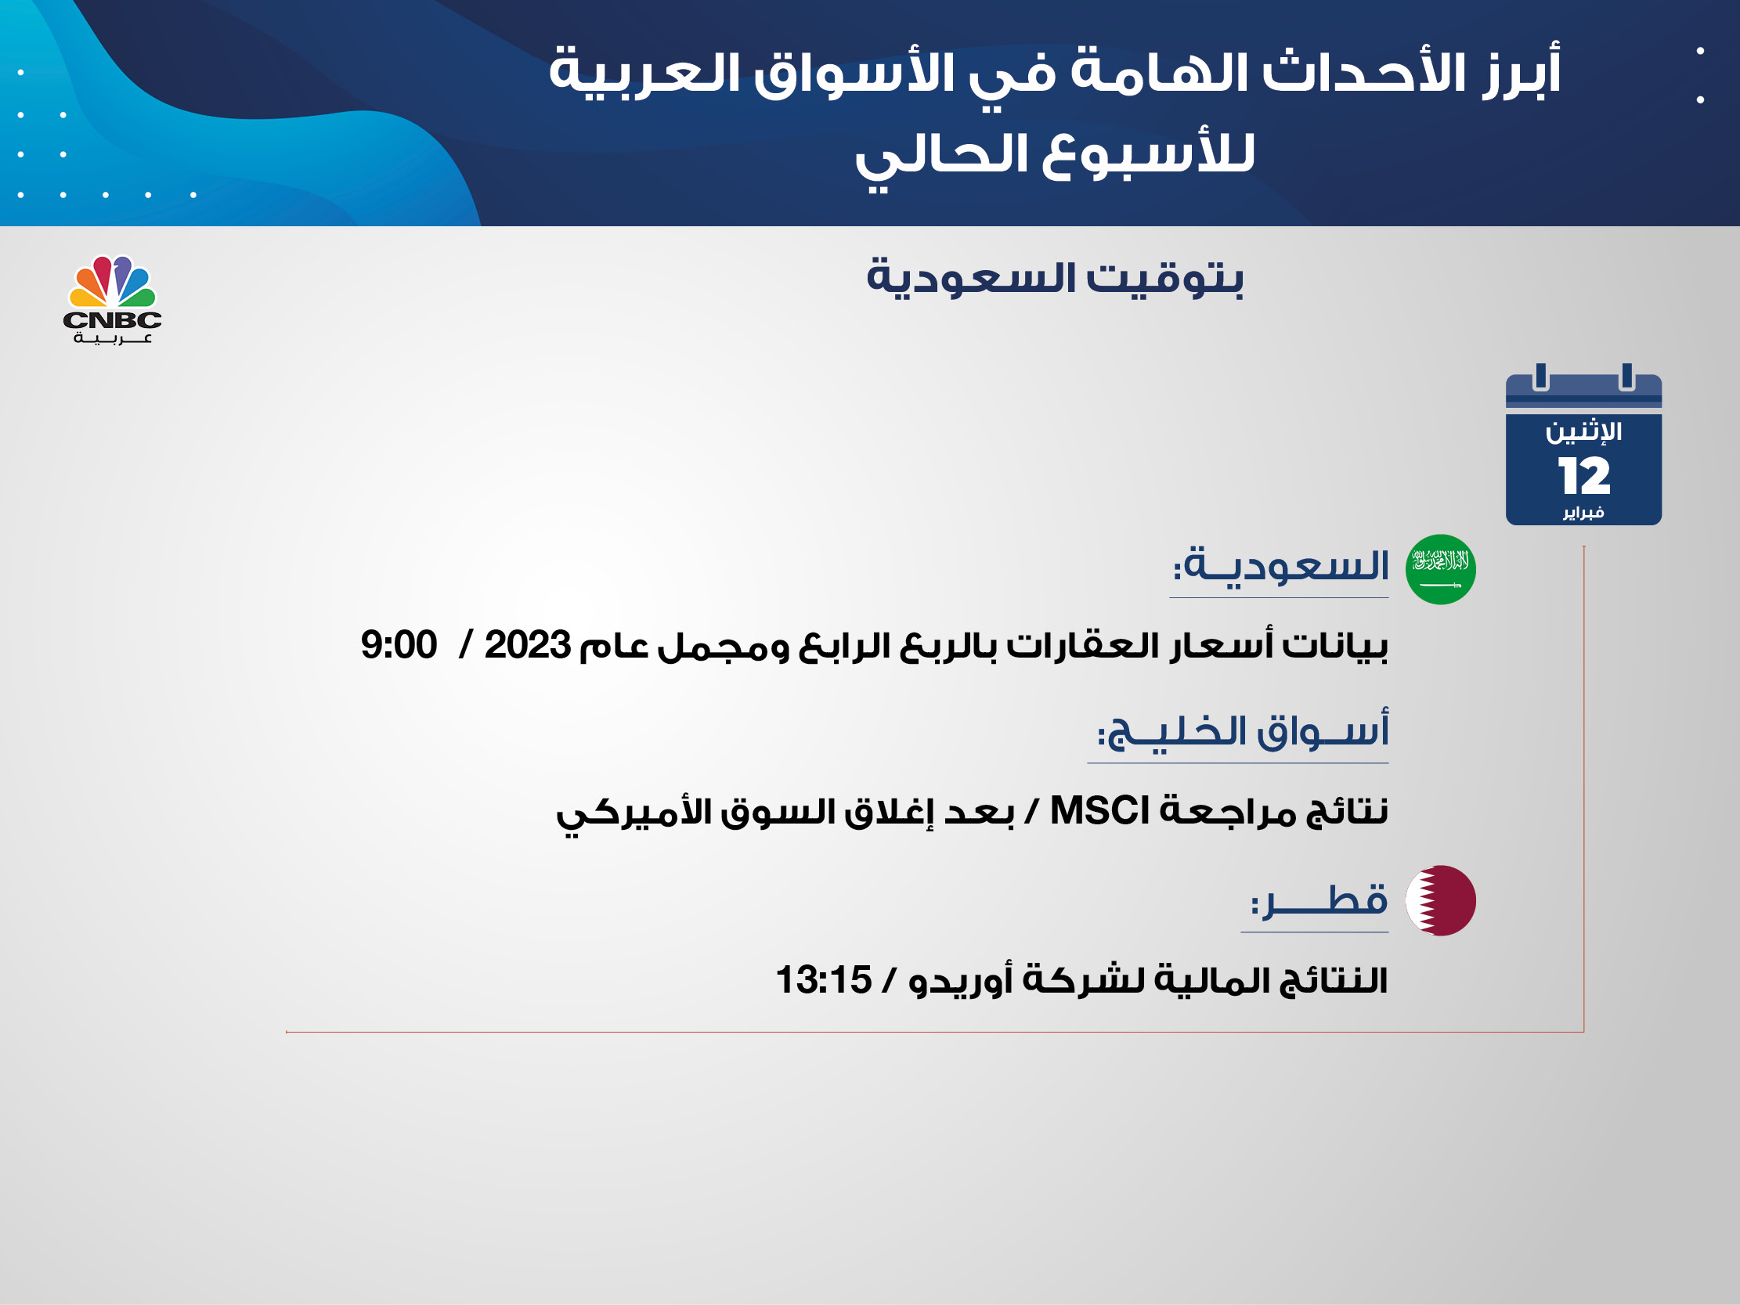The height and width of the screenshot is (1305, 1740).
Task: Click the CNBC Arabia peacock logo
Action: point(113,299)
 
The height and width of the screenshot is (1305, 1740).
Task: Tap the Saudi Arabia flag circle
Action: point(1440,569)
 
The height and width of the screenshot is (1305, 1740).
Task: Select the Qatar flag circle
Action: point(1440,901)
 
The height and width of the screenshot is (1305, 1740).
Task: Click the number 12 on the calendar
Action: point(1583,476)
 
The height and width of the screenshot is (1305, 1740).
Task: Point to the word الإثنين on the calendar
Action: point(1583,432)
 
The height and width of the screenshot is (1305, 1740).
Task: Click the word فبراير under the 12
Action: point(1583,513)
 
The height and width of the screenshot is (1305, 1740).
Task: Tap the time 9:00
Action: point(399,645)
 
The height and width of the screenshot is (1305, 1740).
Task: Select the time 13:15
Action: point(824,980)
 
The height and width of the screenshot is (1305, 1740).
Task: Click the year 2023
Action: point(527,645)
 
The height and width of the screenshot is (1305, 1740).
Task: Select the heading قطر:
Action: point(1319,900)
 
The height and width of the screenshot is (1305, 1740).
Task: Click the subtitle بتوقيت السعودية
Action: point(1055,278)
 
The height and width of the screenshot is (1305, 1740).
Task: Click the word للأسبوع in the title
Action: point(1149,155)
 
